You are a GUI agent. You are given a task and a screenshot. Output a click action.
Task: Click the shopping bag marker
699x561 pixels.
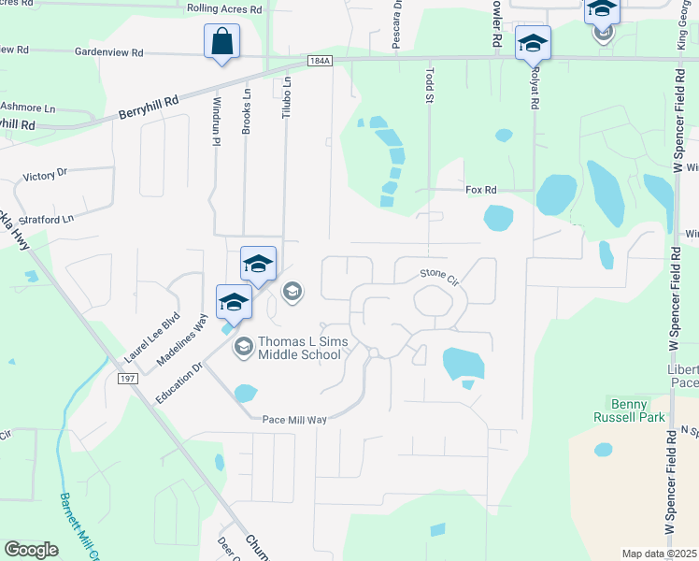(x=221, y=42)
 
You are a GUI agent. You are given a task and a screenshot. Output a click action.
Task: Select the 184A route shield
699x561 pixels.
(x=319, y=61)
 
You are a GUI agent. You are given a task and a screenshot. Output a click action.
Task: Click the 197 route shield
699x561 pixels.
(x=128, y=378)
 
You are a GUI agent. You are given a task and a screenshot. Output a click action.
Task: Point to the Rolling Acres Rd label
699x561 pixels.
(x=224, y=8)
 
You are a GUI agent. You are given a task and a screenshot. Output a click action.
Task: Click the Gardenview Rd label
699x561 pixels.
(x=110, y=53)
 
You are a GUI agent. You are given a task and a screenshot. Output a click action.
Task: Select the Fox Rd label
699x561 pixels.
(x=480, y=190)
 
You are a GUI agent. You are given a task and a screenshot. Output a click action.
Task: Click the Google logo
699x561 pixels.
(x=32, y=549)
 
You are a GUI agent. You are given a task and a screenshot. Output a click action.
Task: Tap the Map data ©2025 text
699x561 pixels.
(x=659, y=554)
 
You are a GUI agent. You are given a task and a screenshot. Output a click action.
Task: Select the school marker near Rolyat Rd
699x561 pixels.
(x=533, y=42)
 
